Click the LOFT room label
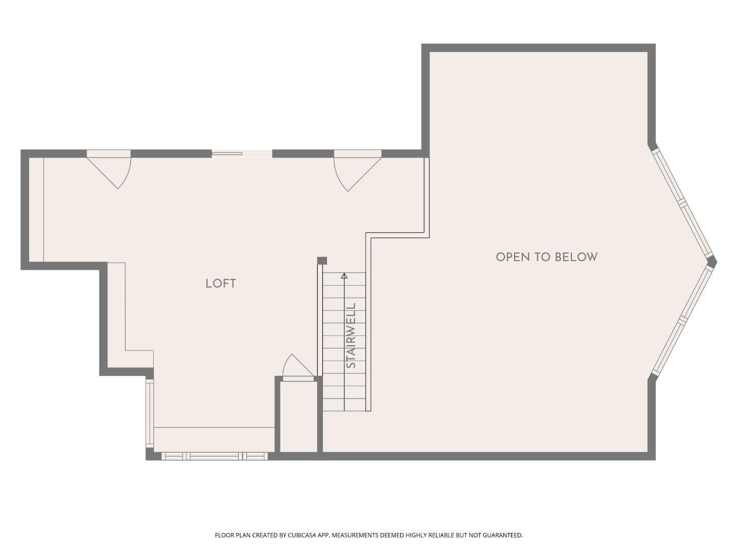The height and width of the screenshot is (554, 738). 220,284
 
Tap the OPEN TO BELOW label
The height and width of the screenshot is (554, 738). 546,257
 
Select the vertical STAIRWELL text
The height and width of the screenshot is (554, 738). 351,335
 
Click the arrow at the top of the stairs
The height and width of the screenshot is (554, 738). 344,276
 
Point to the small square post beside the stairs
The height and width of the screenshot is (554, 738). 322,261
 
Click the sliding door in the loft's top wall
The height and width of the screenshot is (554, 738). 241,153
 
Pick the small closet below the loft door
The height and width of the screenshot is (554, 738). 298,417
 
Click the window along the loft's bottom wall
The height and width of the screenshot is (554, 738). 214,456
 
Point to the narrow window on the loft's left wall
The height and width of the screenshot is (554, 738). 149,412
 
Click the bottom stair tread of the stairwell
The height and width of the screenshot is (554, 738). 344,405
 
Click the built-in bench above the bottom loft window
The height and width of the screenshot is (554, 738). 214,439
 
